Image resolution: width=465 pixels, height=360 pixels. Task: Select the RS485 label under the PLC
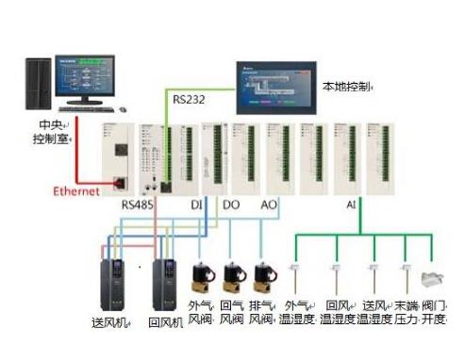point(137,204)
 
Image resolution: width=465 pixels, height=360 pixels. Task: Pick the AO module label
point(268,204)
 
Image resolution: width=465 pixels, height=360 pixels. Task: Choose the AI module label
point(351,204)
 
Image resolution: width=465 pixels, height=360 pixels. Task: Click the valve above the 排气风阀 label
point(263,276)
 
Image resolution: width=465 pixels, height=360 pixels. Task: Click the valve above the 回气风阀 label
point(232,276)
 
